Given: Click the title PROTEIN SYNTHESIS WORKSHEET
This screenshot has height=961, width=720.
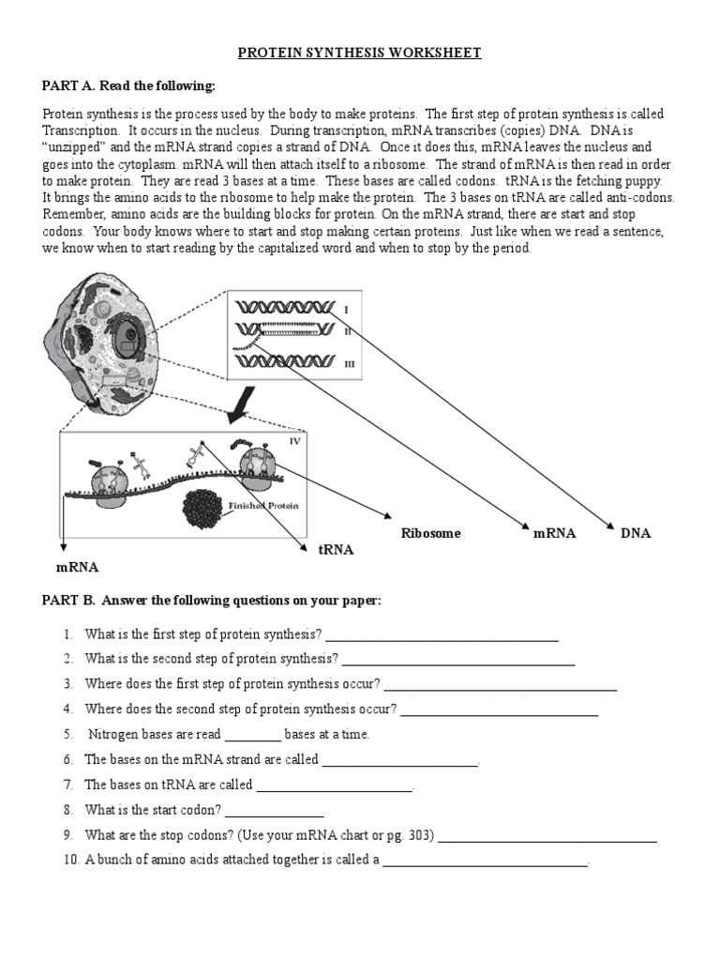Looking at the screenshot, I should [359, 53].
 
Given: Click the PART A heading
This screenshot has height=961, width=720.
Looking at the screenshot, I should [128, 86].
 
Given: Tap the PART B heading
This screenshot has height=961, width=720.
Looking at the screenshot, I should [211, 601].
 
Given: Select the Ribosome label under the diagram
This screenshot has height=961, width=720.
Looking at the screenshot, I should [430, 533].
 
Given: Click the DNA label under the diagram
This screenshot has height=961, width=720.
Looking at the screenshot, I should [635, 533].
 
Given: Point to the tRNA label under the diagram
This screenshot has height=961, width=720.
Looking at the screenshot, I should [336, 550].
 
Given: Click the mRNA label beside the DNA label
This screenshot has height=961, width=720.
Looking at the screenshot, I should [554, 533].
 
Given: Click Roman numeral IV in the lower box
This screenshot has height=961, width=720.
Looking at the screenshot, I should [294, 440].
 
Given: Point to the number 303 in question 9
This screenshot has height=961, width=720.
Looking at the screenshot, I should [418, 835].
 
